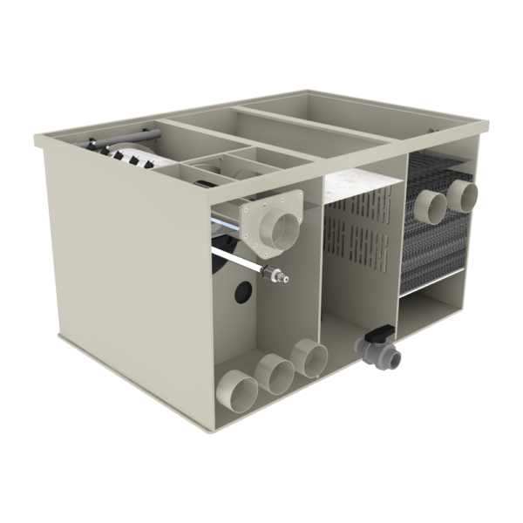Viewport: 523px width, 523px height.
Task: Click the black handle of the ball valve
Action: (379, 331)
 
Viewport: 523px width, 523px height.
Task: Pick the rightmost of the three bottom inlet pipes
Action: (309, 358)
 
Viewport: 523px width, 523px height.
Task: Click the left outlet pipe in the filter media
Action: (430, 209)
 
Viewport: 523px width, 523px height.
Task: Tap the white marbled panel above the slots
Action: (362, 187)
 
